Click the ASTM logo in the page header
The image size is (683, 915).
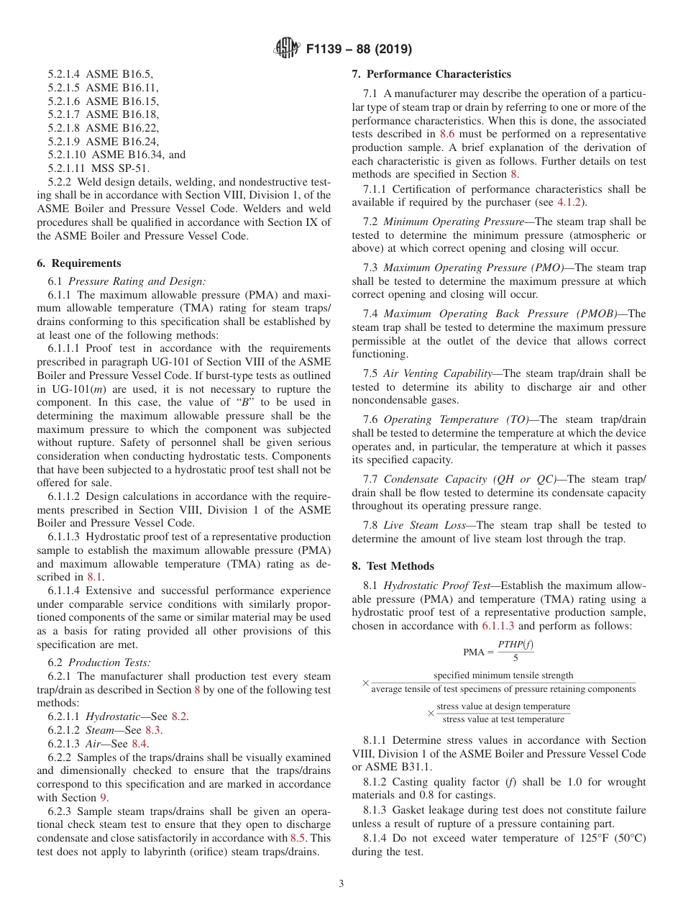288,49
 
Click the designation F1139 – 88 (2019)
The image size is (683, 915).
359,50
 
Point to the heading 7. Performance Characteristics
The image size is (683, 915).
431,74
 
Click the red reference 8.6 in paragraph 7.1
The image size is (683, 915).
446,134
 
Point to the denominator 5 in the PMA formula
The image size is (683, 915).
515,658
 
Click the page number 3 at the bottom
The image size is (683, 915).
341,884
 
